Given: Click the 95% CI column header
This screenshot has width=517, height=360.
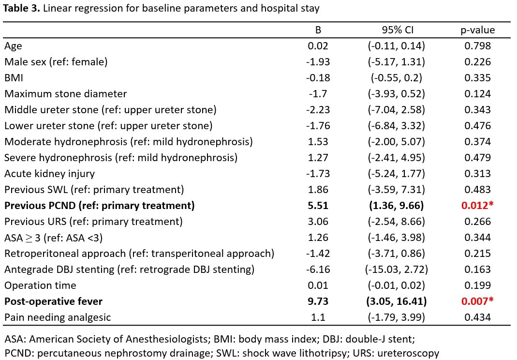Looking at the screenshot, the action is tap(398, 30).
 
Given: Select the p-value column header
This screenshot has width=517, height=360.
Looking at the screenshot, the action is tap(478, 30).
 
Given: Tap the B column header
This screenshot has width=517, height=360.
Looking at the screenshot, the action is tap(318, 30).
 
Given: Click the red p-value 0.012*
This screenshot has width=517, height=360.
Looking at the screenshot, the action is tap(477, 206).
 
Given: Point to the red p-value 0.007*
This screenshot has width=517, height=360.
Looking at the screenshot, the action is tap(477, 301).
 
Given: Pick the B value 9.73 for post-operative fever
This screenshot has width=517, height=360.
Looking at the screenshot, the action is tap(318, 301).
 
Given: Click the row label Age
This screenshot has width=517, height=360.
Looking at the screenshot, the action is tap(13, 46).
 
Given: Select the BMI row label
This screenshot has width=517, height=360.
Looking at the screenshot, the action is tap(14, 78).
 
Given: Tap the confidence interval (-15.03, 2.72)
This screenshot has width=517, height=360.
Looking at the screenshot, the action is tap(396, 270).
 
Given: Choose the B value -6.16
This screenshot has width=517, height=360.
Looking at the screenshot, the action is tap(318, 270).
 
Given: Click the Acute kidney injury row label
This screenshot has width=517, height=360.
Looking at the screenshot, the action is tap(49, 174).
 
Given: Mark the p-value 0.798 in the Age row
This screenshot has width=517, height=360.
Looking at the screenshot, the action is tap(477, 46).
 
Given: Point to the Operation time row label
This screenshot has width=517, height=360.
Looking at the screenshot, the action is tap(40, 285).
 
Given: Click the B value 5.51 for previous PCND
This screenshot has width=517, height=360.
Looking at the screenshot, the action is tap(318, 206).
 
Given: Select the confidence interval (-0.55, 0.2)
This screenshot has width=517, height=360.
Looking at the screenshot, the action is tap(396, 78).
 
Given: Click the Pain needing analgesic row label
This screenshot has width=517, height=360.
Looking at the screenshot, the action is tap(58, 317).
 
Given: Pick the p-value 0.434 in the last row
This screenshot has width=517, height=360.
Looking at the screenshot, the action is tap(477, 317).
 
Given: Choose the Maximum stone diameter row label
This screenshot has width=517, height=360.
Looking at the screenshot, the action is tap(66, 94).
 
